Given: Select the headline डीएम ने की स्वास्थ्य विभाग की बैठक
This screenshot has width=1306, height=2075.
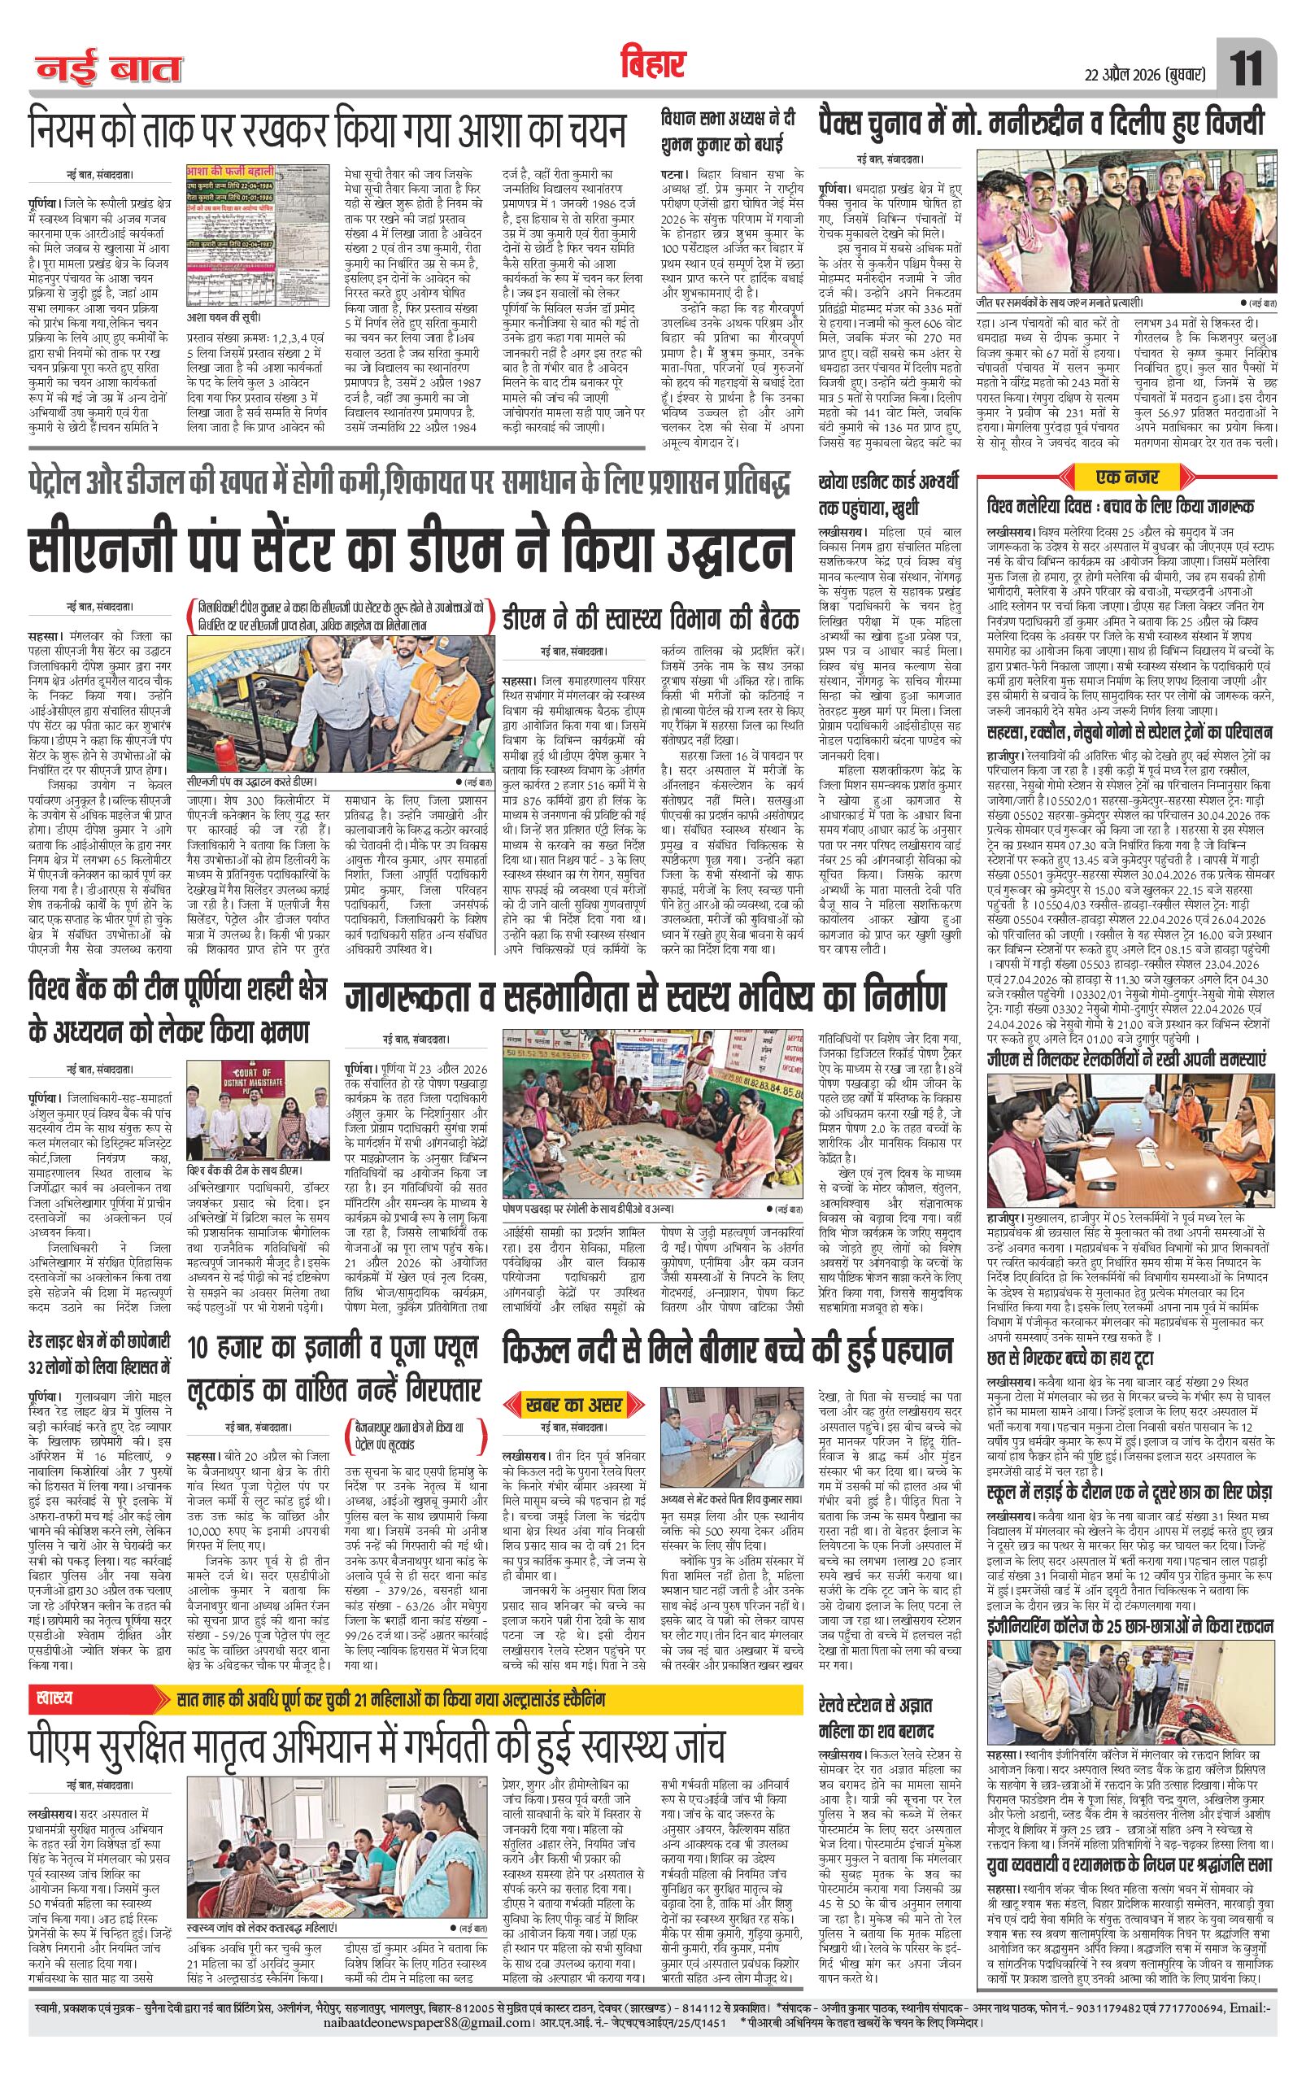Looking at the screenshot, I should click(x=640, y=615).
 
